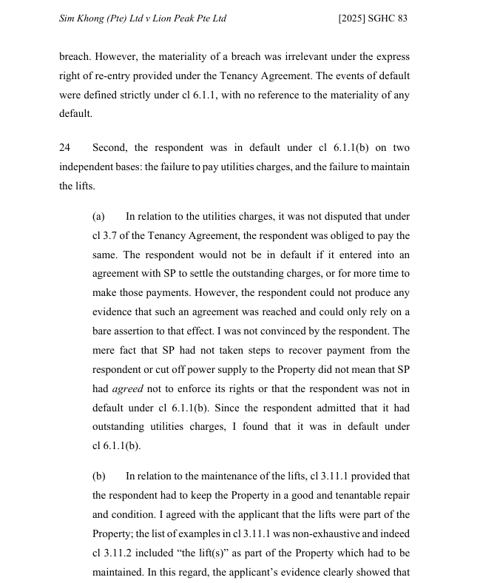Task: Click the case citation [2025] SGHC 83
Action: click(x=373, y=18)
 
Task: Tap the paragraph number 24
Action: click(x=65, y=148)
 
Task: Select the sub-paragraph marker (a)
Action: click(x=98, y=217)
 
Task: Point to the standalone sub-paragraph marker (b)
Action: click(x=98, y=476)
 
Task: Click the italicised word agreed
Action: click(x=127, y=389)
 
